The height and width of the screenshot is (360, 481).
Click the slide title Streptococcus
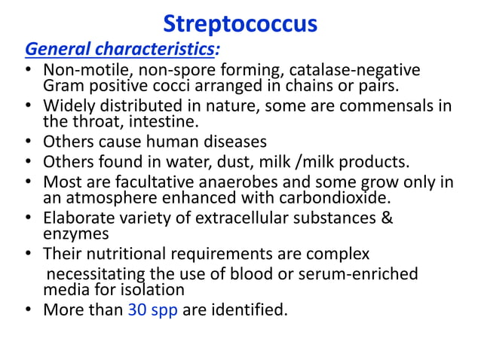click(x=240, y=24)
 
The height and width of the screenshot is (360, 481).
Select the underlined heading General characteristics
click(x=120, y=51)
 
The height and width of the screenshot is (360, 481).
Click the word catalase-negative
click(x=357, y=72)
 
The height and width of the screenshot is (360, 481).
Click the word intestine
click(x=152, y=121)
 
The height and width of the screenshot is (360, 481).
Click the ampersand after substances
click(x=388, y=218)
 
